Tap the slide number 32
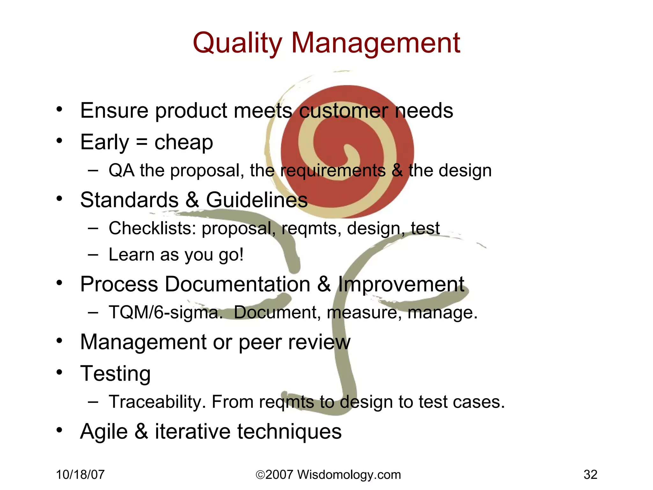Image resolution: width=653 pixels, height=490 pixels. (x=590, y=475)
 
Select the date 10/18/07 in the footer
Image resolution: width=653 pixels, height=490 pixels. (x=80, y=475)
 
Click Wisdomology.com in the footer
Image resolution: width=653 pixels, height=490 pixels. (x=349, y=475)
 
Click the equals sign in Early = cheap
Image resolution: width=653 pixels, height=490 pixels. (x=142, y=142)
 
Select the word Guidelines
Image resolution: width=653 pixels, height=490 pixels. (x=257, y=200)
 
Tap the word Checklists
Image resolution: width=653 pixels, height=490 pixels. (x=152, y=228)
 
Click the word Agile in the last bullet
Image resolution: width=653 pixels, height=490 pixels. (x=104, y=432)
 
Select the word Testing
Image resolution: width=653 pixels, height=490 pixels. (x=115, y=374)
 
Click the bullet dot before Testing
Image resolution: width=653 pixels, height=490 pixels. (x=59, y=372)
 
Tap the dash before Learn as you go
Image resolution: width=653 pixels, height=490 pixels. (x=93, y=255)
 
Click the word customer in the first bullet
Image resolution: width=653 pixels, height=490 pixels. (x=343, y=111)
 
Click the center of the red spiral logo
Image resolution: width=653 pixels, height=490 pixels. (x=348, y=152)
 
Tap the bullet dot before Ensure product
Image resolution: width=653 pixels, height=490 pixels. (x=59, y=109)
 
